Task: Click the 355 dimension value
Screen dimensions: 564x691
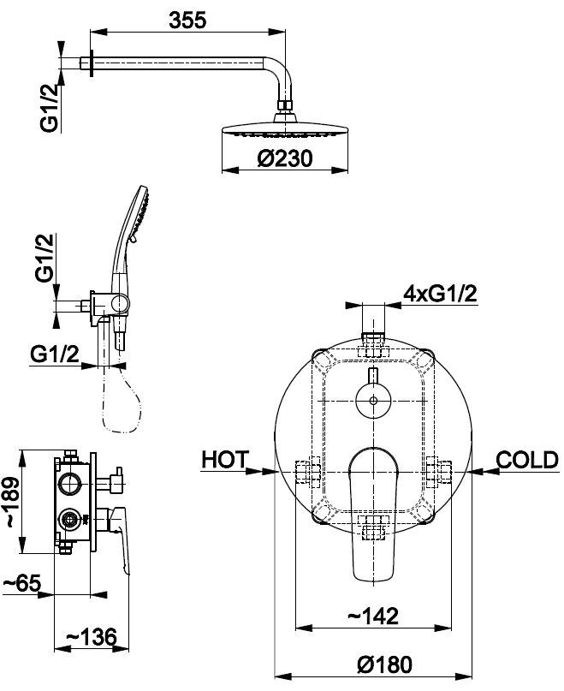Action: (x=187, y=21)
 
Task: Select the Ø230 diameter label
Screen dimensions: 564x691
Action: (x=285, y=158)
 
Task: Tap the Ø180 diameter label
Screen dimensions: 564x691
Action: (x=384, y=664)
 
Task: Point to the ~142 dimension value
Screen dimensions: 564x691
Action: (x=373, y=616)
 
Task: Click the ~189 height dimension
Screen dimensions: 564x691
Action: (x=11, y=503)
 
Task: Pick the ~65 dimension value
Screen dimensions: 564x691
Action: (x=22, y=583)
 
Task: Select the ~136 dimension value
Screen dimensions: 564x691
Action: (x=92, y=636)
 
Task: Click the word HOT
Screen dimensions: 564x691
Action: (x=225, y=460)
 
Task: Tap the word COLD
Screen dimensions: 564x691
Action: (x=527, y=460)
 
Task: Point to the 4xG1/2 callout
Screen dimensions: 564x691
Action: (x=441, y=293)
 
